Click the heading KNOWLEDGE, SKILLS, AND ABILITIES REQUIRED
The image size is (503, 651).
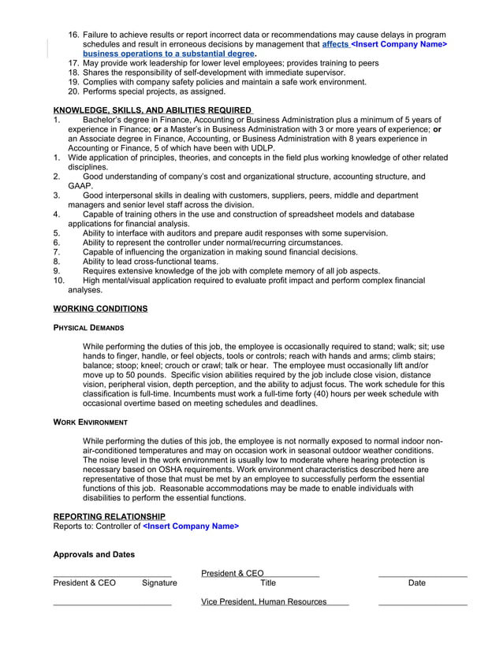(152, 110)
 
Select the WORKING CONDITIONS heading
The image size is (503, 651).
(100, 308)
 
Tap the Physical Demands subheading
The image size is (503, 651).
(88, 327)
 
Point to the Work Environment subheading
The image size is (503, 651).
(90, 422)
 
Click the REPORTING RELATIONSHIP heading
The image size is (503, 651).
(109, 516)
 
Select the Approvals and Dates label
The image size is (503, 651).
(94, 555)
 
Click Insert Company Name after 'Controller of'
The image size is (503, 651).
(191, 526)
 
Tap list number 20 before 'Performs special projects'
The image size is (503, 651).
(74, 91)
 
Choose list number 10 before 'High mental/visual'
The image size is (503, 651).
(58, 281)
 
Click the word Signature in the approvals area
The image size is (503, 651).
(159, 583)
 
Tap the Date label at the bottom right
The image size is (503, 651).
(417, 583)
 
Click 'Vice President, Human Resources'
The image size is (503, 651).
(263, 602)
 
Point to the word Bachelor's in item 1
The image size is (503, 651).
(107, 120)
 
